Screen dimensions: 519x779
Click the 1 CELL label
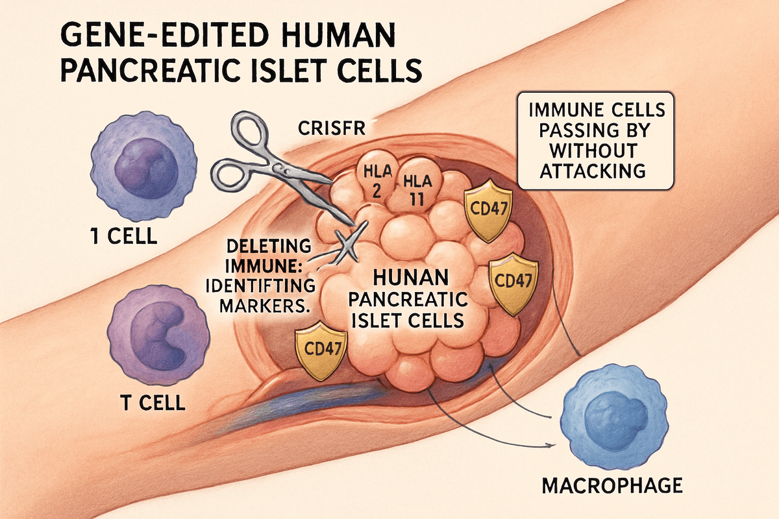[x=123, y=235]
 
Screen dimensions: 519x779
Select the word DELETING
[x=259, y=247]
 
